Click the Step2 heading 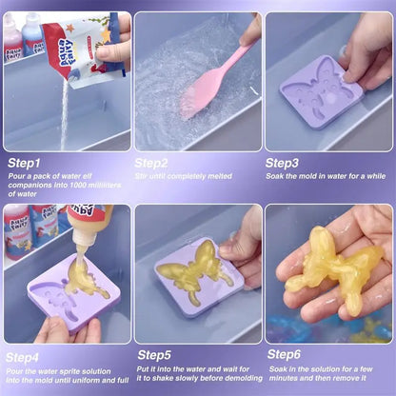coord(156,162)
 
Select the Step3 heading coord(287,162)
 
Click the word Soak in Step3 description coord(274,176)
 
